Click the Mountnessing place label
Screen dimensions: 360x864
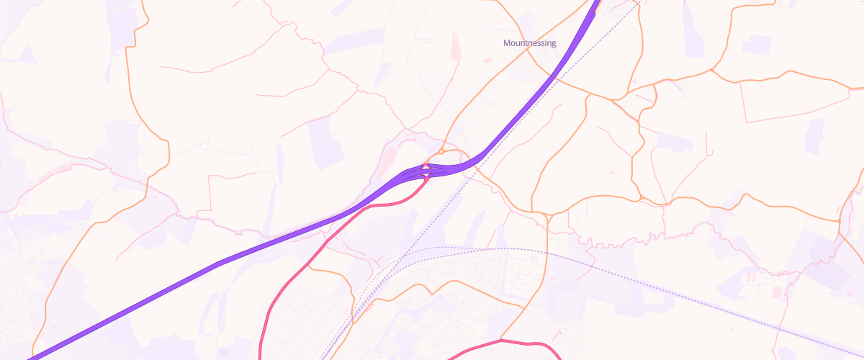click(x=529, y=43)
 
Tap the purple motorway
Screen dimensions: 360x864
click(x=216, y=266)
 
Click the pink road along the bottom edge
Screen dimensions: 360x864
click(x=504, y=341)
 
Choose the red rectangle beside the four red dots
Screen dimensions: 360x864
click(x=777, y=292)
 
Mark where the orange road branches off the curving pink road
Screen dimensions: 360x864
click(x=310, y=266)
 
